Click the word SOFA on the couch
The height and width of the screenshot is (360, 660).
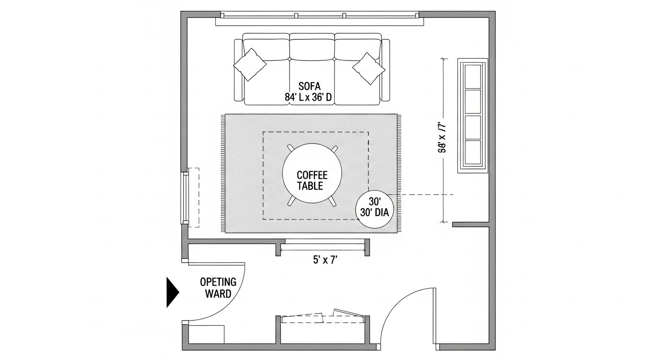click(309, 87)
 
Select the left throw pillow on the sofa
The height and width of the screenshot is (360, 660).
click(250, 64)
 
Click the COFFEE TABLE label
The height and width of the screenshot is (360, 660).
click(312, 180)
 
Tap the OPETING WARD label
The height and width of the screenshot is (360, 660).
click(218, 288)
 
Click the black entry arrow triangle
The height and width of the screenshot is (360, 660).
click(172, 292)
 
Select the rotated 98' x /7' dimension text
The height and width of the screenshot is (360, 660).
click(441, 137)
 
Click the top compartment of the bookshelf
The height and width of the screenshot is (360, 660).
click(472, 75)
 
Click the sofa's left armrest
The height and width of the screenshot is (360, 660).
click(238, 70)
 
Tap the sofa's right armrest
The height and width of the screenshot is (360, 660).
click(385, 70)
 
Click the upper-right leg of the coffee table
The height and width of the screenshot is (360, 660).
click(334, 149)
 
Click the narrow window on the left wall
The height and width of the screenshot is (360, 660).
click(186, 197)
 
